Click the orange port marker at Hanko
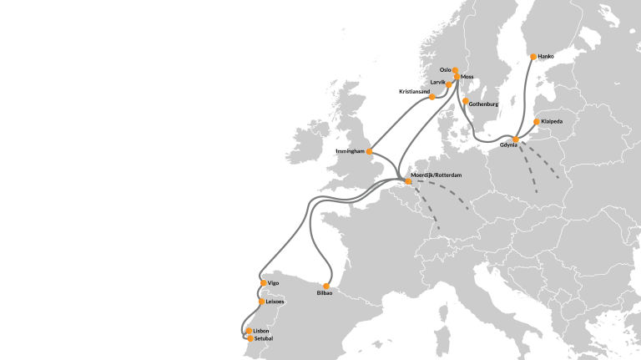click(x=532, y=58)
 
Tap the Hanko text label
click(x=547, y=57)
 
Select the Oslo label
click(x=445, y=69)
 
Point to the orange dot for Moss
click(x=457, y=77)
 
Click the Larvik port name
click(x=437, y=83)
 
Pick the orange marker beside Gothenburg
click(x=465, y=102)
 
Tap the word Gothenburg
click(x=484, y=104)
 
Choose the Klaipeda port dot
click(x=536, y=121)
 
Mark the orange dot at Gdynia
click(x=516, y=139)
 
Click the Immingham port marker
click(x=369, y=152)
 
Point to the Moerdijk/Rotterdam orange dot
click(x=408, y=181)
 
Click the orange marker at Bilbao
click(x=326, y=286)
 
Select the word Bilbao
click(x=325, y=295)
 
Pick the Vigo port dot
click(x=262, y=283)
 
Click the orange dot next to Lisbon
click(x=249, y=332)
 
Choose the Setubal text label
click(x=264, y=338)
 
